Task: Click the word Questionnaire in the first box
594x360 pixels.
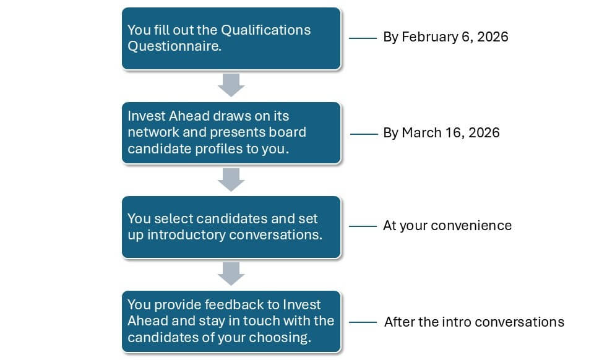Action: coord(174,46)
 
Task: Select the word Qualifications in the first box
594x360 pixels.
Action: coord(265,30)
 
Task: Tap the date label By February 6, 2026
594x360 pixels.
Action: coord(445,37)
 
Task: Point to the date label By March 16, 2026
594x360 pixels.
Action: coord(441,133)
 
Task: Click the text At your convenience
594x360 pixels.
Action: coord(447,226)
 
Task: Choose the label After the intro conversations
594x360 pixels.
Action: coord(475,322)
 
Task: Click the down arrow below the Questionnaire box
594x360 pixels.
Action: coord(231,85)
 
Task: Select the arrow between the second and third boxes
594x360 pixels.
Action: coord(231,180)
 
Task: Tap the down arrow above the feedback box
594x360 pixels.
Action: coord(231,273)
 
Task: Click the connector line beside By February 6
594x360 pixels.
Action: coord(363,38)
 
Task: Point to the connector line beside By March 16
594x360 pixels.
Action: coord(364,134)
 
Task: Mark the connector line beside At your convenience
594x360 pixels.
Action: coord(363,226)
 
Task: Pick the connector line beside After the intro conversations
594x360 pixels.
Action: coord(363,322)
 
